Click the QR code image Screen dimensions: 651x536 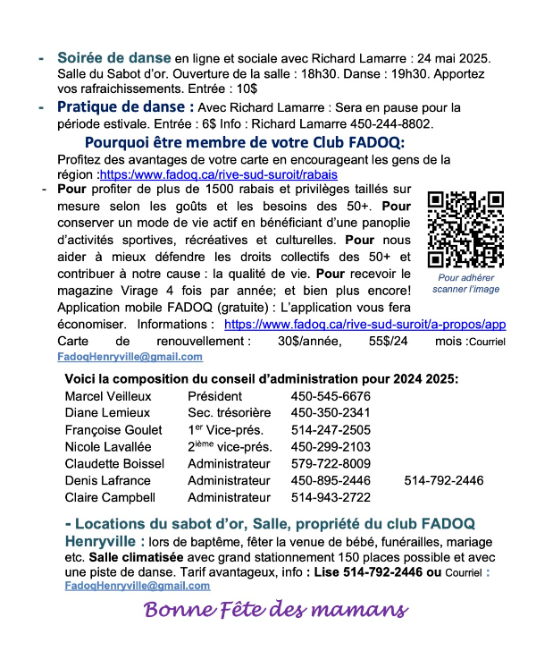[465, 230]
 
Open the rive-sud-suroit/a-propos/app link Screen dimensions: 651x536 [364, 325]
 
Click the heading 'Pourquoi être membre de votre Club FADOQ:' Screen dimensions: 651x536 [245, 143]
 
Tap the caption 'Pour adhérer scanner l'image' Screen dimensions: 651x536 [465, 283]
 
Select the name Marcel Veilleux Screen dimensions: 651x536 [108, 396]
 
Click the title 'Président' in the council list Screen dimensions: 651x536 [214, 396]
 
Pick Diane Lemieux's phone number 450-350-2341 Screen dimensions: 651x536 [331, 413]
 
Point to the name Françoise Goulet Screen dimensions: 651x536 [113, 429]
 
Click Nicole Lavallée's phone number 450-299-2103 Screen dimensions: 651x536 [331, 446]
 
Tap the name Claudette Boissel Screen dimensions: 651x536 [114, 463]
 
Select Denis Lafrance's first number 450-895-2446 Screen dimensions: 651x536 [331, 480]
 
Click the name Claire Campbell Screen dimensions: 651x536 [110, 497]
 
